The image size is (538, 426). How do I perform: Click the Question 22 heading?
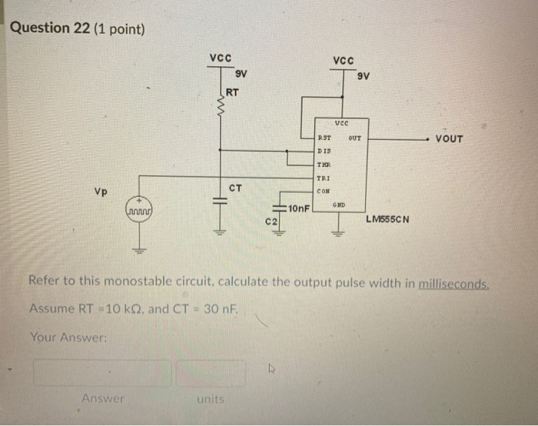tap(78, 28)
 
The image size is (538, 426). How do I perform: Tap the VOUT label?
tap(449, 138)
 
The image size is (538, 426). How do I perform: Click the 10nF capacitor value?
tap(297, 208)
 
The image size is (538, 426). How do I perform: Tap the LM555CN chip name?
tap(388, 218)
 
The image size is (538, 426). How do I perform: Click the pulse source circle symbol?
tap(139, 208)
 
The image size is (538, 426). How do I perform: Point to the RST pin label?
tap(324, 138)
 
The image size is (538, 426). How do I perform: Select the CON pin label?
tap(324, 191)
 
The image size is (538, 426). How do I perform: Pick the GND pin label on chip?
tap(339, 204)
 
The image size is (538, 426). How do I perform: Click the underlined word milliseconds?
tap(453, 282)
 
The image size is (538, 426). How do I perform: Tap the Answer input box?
tap(102, 373)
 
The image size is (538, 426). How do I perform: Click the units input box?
tap(210, 373)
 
